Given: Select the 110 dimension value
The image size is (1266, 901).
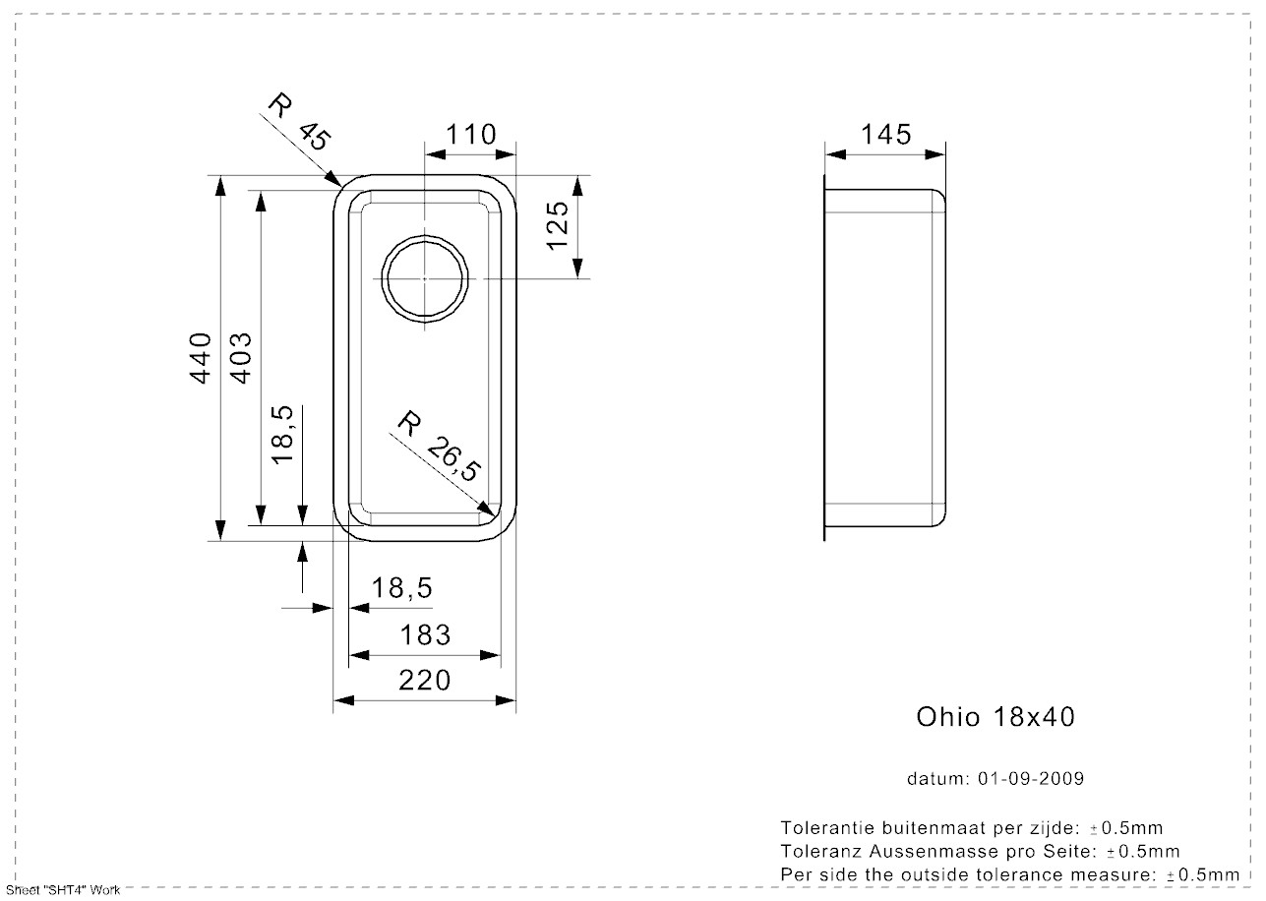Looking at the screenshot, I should [x=470, y=134].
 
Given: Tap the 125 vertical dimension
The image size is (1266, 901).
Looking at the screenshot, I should [x=558, y=225].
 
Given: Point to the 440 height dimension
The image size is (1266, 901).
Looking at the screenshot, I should [x=202, y=357].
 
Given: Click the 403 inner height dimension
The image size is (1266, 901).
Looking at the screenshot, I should [x=241, y=357].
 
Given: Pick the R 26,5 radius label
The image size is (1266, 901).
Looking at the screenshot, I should [x=438, y=448].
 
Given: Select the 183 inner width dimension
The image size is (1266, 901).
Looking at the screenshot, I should [x=426, y=635].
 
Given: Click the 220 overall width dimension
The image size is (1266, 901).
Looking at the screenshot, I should [x=426, y=680].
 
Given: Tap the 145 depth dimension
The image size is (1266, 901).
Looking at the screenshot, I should [x=885, y=134].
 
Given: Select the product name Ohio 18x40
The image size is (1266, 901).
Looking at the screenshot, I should [x=995, y=717].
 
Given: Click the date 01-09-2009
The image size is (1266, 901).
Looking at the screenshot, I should [x=1031, y=779].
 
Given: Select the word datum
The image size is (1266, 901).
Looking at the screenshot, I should [x=937, y=779].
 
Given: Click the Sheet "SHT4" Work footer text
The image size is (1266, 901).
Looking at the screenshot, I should [x=61, y=890].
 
